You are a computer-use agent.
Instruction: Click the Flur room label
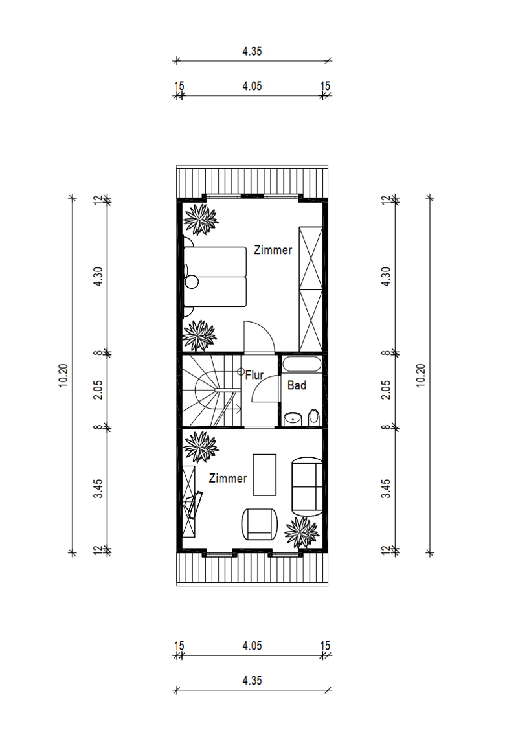254,375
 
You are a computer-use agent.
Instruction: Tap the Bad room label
297,385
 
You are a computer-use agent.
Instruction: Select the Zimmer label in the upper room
273,250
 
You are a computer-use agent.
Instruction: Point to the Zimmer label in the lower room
228,478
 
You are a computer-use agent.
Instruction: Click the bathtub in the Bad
302,365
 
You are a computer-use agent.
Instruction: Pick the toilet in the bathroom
313,416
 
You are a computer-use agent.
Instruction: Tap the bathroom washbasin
293,418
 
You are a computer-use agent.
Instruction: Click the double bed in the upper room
215,277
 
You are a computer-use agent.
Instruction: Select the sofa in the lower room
307,486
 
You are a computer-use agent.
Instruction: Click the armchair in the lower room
259,524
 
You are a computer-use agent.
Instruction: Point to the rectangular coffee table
264,475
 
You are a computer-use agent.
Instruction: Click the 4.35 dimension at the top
252,51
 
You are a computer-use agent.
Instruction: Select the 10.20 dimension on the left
63,376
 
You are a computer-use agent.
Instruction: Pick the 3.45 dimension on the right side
386,489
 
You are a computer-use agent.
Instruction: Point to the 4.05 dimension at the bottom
252,646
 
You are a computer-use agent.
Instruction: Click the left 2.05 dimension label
98,390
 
